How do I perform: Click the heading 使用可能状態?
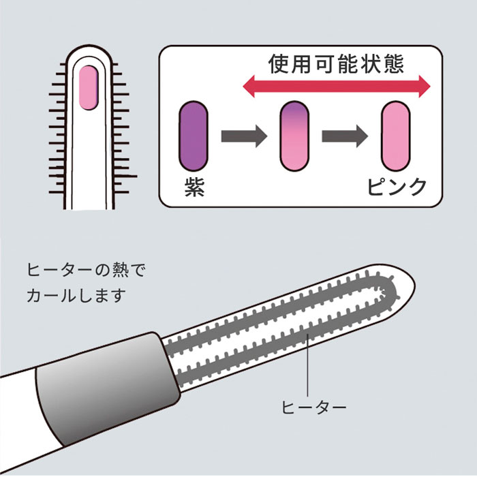336,64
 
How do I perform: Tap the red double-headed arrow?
337,87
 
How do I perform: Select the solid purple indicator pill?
193,136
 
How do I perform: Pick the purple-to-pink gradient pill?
294,136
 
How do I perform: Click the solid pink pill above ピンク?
396,136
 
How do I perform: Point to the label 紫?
194,187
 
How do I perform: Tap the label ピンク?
397,186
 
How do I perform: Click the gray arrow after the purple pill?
244,136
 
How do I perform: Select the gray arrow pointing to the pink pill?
345,136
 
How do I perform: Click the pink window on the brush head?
89,88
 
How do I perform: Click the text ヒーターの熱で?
87,270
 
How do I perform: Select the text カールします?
76,295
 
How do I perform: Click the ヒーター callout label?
313,407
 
